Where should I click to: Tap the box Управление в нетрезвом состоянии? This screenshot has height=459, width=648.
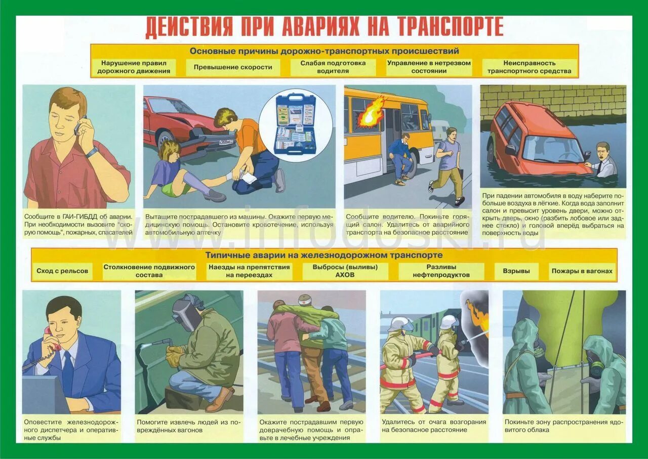click(429, 67)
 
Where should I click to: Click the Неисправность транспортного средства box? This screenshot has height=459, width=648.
click(529, 67)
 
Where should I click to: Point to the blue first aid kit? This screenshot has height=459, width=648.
click(295, 124)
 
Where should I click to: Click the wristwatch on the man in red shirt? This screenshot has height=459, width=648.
click(92, 152)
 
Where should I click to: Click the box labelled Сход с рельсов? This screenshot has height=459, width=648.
click(62, 271)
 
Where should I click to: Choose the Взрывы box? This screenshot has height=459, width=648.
click(516, 271)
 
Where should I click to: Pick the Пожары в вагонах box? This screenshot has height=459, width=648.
click(582, 271)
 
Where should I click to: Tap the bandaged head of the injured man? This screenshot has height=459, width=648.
click(305, 300)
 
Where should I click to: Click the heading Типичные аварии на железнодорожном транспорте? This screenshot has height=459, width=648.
click(324, 255)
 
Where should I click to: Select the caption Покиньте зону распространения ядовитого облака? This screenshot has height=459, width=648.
click(564, 426)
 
